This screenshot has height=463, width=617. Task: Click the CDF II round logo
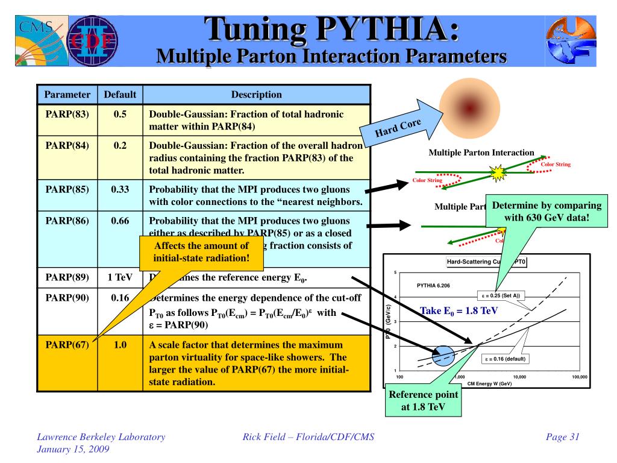point(94,42)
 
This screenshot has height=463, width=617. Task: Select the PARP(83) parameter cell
point(67,114)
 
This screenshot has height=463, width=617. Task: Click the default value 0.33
point(121,189)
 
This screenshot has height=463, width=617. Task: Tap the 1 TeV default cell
point(120,278)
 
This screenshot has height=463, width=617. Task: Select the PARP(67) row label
point(67,345)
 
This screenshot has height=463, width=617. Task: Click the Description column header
point(256,95)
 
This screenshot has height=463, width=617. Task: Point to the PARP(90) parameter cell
point(67,297)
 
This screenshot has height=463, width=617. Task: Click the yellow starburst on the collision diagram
point(498,174)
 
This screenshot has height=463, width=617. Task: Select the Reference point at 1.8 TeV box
point(424,400)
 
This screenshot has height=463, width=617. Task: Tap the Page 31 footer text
point(562,438)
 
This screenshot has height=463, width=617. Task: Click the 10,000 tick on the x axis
point(519,377)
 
